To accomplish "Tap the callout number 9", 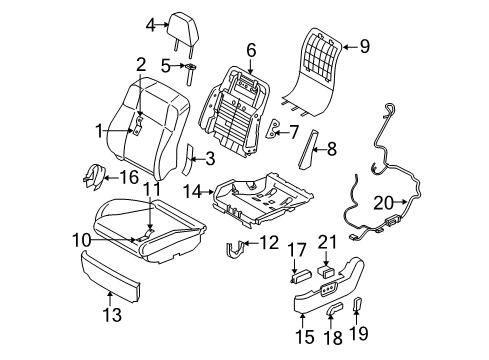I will [x=364, y=44].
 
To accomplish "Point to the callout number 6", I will [x=251, y=47].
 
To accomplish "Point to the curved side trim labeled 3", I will [x=189, y=157].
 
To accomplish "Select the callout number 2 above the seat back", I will [x=141, y=65].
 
